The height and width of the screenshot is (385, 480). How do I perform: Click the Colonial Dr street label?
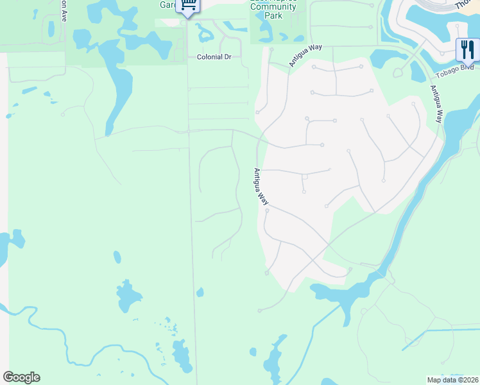(x=214, y=57)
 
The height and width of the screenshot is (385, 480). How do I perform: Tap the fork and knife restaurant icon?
(x=467, y=48)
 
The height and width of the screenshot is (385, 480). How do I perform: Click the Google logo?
(x=21, y=377)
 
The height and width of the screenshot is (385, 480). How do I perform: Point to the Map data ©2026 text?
(x=453, y=380)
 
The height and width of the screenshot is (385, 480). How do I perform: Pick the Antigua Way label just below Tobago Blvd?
(x=436, y=104)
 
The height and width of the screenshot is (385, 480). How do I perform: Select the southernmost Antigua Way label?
(x=261, y=187)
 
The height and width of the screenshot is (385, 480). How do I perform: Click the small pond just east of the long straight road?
(x=200, y=293)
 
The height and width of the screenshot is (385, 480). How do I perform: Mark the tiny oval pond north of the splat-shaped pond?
(x=117, y=257)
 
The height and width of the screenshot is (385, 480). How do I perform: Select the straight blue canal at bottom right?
(x=443, y=331)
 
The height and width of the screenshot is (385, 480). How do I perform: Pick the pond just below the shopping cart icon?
(x=207, y=30)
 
